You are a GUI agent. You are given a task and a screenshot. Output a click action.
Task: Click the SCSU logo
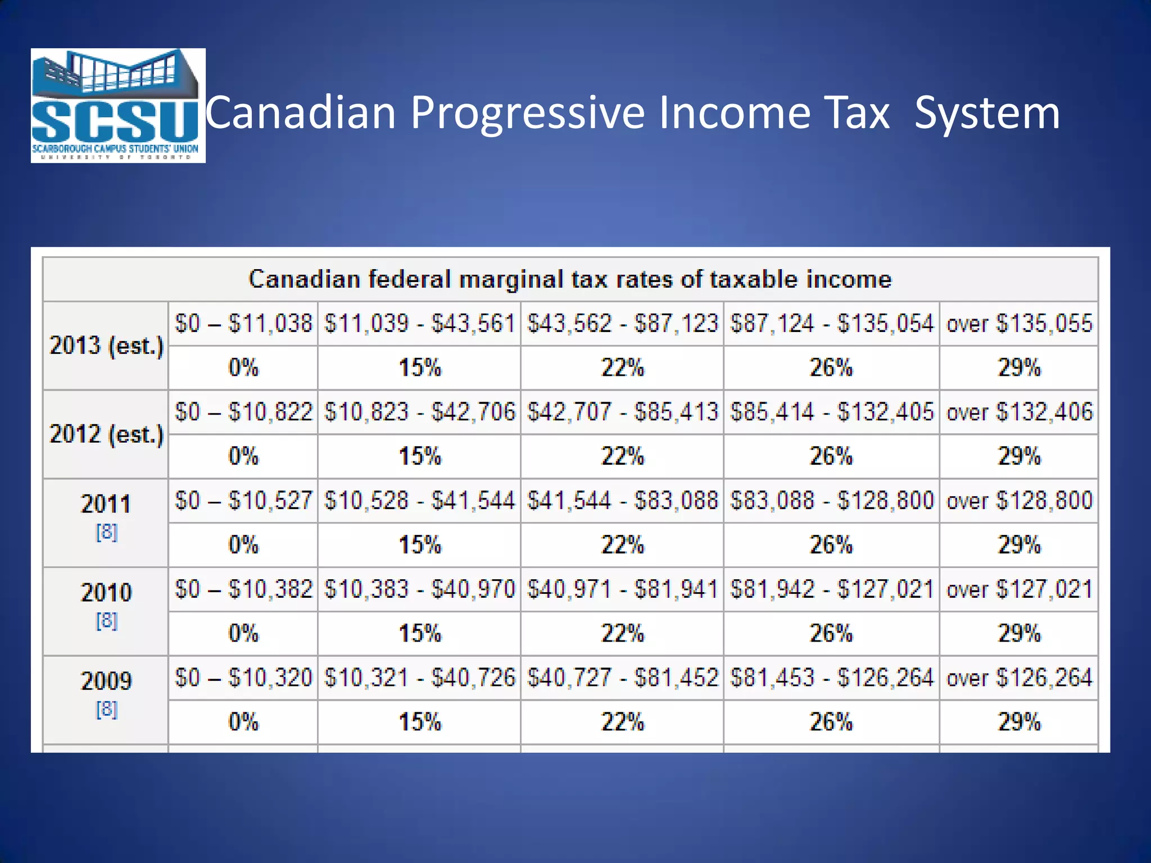click(x=118, y=106)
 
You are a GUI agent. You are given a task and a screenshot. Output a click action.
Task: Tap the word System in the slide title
click(x=987, y=112)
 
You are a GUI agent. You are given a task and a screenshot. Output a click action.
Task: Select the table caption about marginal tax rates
click(x=570, y=279)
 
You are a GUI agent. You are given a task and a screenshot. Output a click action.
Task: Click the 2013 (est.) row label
click(x=106, y=346)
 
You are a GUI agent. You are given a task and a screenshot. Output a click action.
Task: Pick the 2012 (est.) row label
click(x=106, y=434)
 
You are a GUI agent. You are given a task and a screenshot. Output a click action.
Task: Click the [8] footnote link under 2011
click(x=107, y=532)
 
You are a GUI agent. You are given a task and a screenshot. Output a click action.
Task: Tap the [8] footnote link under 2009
click(x=107, y=709)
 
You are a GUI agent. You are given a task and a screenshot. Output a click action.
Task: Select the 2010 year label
click(x=106, y=592)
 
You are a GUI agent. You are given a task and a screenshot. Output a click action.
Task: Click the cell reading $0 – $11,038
click(x=243, y=324)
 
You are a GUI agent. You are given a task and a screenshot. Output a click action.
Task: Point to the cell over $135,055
click(x=1019, y=324)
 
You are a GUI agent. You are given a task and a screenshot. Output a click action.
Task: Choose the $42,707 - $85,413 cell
click(x=622, y=412)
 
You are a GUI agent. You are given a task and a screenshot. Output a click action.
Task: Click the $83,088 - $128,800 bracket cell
click(x=831, y=501)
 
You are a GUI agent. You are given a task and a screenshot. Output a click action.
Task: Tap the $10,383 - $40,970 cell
click(x=419, y=589)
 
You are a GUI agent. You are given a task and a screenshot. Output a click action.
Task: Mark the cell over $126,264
click(x=1019, y=678)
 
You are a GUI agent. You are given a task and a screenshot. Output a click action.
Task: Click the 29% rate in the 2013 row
click(x=1019, y=368)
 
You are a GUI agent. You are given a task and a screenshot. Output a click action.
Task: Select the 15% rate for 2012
click(x=420, y=456)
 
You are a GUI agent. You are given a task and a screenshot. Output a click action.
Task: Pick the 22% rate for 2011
click(x=622, y=545)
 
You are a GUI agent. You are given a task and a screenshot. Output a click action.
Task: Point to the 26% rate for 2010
click(x=831, y=634)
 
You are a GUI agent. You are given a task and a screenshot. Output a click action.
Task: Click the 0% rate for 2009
click(x=243, y=722)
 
